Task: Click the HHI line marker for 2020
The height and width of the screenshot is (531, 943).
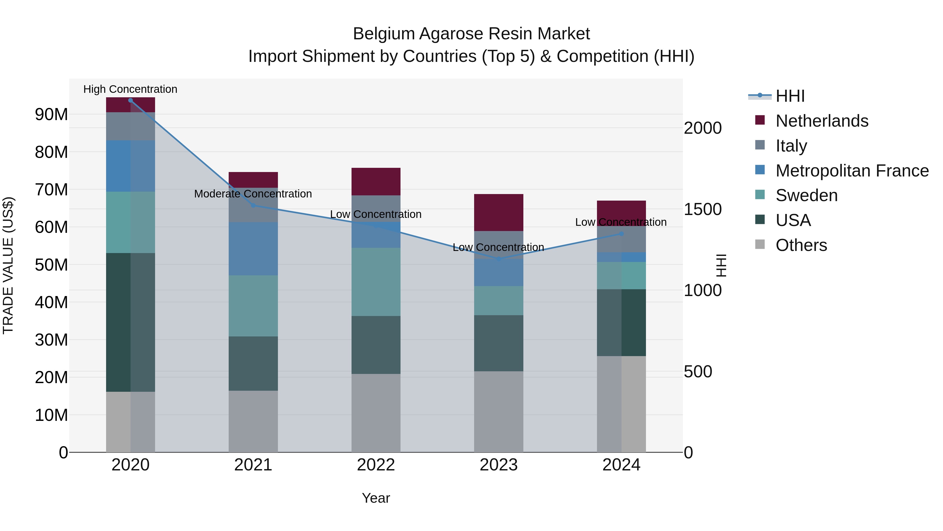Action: point(130,100)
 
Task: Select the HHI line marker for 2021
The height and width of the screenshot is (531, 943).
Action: point(253,206)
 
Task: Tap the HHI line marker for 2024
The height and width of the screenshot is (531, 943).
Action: point(621,234)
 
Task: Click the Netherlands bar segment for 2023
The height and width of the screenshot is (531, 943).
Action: point(498,213)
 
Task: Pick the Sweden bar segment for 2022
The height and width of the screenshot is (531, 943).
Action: point(376,282)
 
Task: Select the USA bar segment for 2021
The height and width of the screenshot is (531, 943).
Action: point(253,363)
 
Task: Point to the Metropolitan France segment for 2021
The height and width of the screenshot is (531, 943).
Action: point(253,249)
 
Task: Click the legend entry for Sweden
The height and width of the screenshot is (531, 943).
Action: point(807,196)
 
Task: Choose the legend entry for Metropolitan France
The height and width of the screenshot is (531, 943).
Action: point(852,171)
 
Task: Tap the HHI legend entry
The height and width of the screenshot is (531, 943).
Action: point(790,96)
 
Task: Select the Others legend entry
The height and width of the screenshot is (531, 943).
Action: point(801,245)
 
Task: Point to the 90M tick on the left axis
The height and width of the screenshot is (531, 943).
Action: point(51,115)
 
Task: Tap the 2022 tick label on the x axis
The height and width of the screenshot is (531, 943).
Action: point(376,465)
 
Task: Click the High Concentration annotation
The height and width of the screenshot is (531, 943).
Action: point(130,89)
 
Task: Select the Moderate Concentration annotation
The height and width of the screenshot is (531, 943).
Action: point(253,194)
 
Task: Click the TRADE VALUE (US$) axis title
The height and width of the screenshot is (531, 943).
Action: point(8,265)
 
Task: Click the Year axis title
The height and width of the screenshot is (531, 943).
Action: point(376,498)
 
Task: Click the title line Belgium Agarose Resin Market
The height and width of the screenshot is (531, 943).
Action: point(471,34)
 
